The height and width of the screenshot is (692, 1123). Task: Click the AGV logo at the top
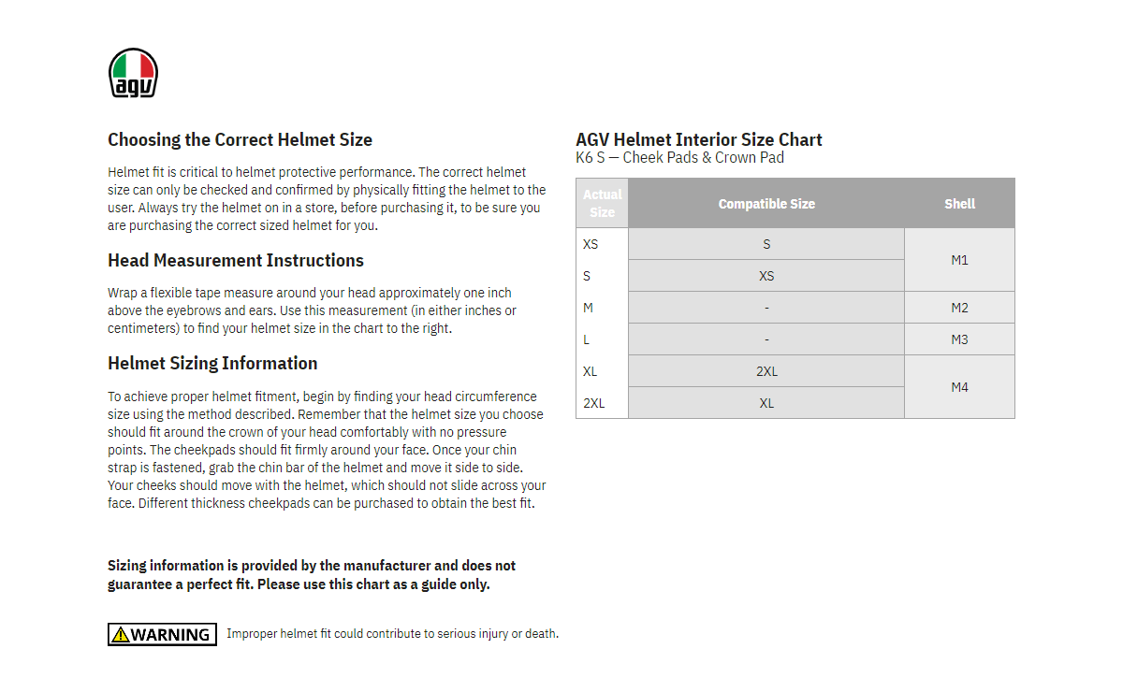[133, 73]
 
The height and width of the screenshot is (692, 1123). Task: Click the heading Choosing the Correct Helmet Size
[240, 140]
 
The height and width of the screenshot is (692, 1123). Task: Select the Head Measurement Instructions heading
[236, 261]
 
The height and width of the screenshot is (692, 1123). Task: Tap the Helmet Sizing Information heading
[212, 364]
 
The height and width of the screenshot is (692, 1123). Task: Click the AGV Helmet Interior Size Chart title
[699, 140]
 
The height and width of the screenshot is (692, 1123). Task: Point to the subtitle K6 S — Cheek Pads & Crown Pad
[679, 158]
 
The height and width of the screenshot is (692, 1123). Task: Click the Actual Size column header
[602, 203]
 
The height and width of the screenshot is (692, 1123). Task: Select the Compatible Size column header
[766, 204]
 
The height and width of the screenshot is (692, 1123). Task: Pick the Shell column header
[959, 204]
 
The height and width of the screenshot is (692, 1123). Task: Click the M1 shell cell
[959, 260]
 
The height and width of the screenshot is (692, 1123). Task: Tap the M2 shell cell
[959, 308]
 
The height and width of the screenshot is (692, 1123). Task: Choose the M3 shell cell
[959, 339]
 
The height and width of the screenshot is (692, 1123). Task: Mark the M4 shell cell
[959, 387]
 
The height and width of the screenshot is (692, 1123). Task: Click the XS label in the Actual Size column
[591, 244]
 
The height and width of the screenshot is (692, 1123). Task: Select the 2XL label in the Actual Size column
[593, 403]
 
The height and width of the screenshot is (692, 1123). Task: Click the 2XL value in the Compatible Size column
[766, 371]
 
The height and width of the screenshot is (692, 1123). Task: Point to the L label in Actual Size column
[587, 339]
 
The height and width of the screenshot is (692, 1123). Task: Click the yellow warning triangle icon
[120, 635]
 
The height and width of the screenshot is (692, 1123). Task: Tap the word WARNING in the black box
[170, 635]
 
